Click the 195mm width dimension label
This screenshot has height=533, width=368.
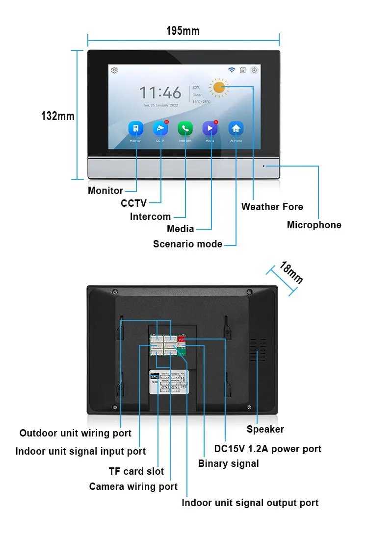point(183,31)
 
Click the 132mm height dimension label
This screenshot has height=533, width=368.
point(57,116)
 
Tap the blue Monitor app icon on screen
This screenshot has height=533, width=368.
point(135,128)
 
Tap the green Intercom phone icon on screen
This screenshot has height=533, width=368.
point(185,128)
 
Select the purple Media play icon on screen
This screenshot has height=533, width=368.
point(210,128)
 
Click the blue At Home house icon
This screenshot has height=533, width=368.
point(236,128)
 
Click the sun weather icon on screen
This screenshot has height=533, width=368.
point(219,88)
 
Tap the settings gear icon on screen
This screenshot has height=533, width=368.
point(114,70)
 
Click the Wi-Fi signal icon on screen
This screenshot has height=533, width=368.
point(231,70)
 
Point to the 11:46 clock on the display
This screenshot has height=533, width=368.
point(160,93)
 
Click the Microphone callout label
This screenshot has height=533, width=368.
point(314,225)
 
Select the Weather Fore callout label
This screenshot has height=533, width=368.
point(272,207)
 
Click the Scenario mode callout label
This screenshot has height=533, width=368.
point(187,244)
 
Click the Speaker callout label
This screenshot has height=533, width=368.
point(265,429)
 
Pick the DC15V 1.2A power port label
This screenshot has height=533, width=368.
point(267,449)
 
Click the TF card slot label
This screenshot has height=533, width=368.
point(136,471)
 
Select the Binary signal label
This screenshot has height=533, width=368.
point(228,463)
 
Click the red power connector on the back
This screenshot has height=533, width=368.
point(182,339)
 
